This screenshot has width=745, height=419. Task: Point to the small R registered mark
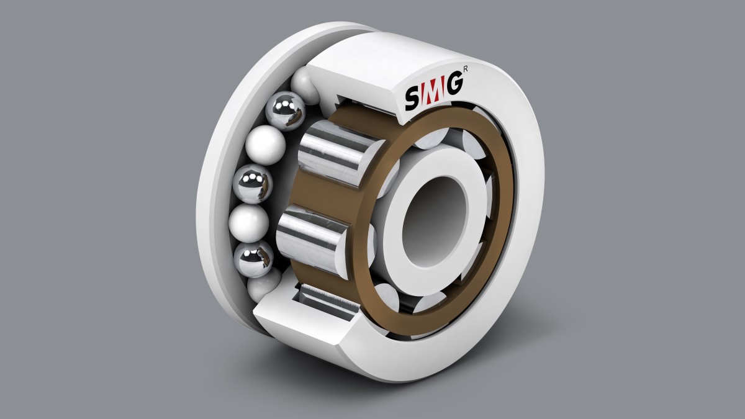click(x=465, y=70)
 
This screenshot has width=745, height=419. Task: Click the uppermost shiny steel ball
click(x=286, y=110)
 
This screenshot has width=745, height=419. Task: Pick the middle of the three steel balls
click(x=253, y=184)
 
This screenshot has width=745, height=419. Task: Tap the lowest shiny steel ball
click(x=254, y=258)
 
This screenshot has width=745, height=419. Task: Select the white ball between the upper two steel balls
click(x=265, y=145)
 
